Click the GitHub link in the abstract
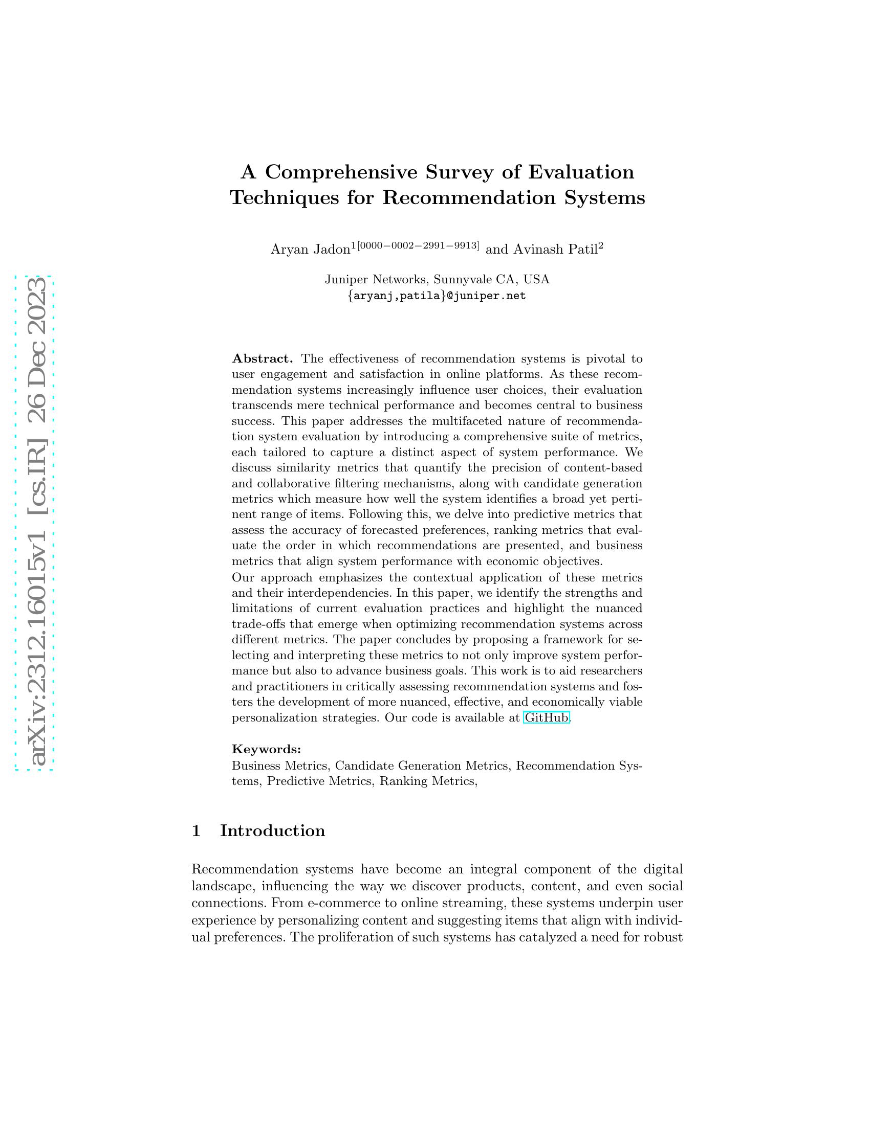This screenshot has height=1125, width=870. pos(546,717)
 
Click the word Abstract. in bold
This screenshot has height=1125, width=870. pos(263,358)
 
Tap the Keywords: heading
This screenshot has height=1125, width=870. pos(267,749)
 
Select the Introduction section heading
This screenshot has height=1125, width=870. pos(272,831)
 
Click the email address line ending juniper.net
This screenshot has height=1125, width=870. pos(437,296)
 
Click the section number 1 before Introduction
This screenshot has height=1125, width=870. pos(196,831)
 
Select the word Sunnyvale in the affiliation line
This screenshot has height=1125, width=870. pos(462,279)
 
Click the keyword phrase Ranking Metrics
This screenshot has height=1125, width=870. pos(427,781)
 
